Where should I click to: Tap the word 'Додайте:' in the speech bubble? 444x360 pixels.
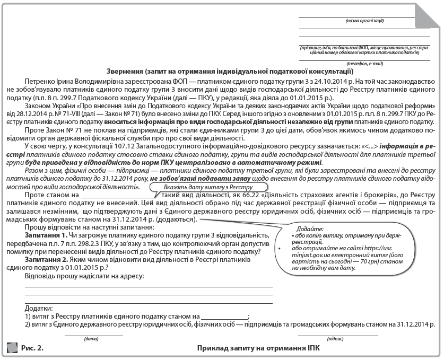point(308,227)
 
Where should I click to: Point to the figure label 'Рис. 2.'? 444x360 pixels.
point(32,348)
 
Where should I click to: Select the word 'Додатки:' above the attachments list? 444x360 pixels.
point(39,308)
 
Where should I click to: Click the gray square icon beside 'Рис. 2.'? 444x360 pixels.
point(12,348)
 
